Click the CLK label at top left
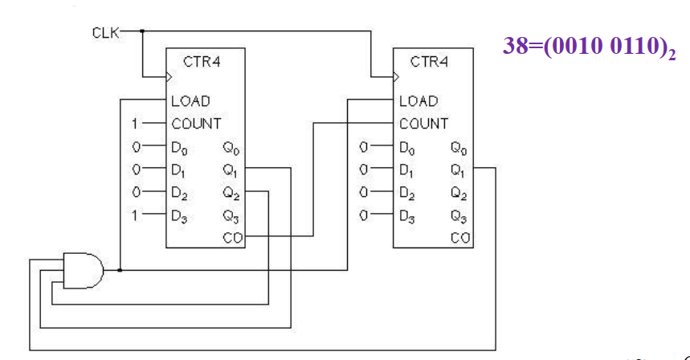(x=105, y=33)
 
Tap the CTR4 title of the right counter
(x=428, y=62)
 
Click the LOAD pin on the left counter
(x=190, y=101)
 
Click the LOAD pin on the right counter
(x=418, y=101)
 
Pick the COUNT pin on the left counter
(x=195, y=124)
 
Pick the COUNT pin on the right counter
(x=423, y=124)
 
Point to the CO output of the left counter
(x=232, y=237)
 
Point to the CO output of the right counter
(x=460, y=237)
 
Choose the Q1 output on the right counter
(x=458, y=170)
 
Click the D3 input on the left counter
(x=179, y=215)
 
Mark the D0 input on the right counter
(x=406, y=148)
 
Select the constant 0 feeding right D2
(x=364, y=193)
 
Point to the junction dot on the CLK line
(x=141, y=31)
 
